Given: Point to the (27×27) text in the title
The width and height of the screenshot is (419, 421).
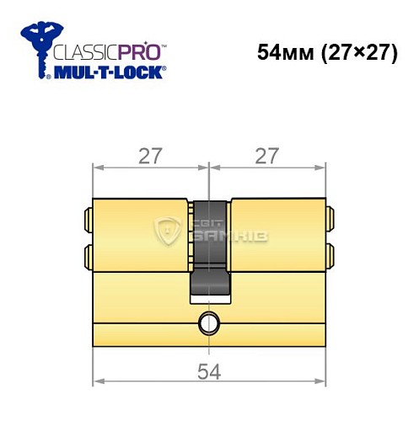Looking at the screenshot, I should point(349,53).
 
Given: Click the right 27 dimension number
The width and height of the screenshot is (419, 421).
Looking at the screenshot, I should point(267,156).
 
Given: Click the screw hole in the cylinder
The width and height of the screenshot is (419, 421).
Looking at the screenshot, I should point(207,322).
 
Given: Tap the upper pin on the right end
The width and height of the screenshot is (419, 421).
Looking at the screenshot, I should point(329,221).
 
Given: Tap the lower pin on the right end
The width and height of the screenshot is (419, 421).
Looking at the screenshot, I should point(329,254).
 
